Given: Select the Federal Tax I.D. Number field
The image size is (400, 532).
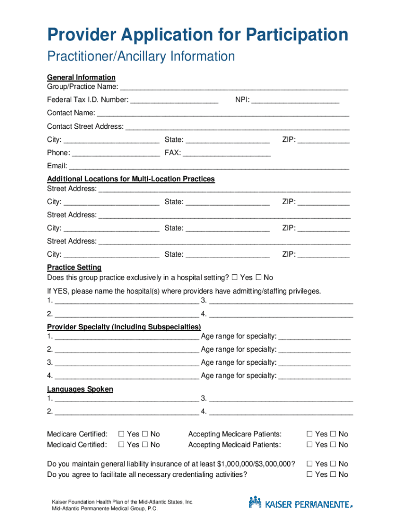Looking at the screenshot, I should (x=175, y=100).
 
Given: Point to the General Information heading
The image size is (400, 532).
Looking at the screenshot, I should (x=82, y=77).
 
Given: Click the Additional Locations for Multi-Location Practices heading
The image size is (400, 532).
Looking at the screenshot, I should (x=131, y=179).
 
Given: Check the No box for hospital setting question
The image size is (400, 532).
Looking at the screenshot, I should (x=258, y=278).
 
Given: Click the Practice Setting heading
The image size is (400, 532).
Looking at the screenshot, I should (x=74, y=268).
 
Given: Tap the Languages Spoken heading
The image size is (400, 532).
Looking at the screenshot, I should (x=80, y=389).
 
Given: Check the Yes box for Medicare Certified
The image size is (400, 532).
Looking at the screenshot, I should (x=122, y=434).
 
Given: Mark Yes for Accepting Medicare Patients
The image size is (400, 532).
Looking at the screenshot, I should (x=310, y=434).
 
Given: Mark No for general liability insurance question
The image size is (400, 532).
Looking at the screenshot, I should (x=333, y=464).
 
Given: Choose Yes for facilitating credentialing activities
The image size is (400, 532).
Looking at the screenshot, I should (x=310, y=475).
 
